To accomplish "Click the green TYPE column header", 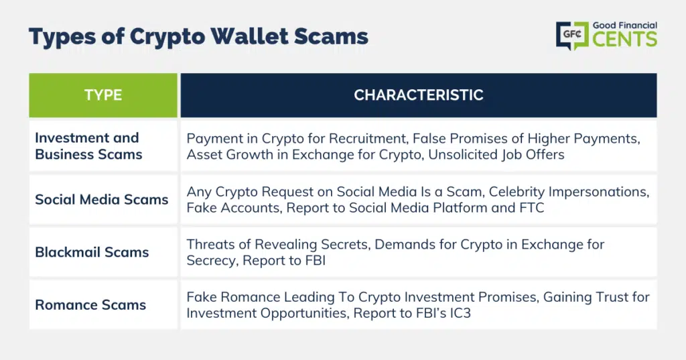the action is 103,95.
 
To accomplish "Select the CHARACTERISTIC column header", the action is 419,95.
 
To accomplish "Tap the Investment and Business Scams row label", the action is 89,146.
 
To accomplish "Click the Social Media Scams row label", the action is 102,200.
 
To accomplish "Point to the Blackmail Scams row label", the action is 92,252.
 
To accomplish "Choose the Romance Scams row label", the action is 90,305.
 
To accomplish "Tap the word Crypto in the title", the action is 167,38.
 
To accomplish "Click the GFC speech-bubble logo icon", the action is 572,36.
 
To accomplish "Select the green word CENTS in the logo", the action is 625,39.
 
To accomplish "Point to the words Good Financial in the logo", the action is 625,25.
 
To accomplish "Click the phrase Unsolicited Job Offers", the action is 496,155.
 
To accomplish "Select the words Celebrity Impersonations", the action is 569,192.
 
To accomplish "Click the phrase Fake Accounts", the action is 234,208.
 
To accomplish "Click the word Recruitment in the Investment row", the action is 368,139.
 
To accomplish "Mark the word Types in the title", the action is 62,38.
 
